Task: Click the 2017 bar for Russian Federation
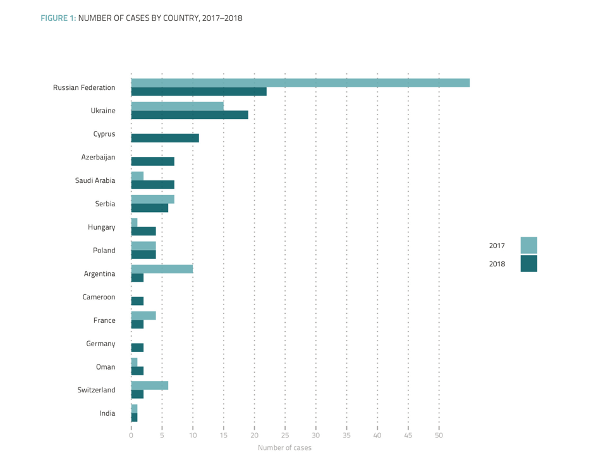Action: pos(300,83)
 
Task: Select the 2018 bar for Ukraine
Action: pos(190,115)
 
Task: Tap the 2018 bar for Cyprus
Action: pos(165,138)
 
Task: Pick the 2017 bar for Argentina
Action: pos(162,269)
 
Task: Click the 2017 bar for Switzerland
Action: pos(149,385)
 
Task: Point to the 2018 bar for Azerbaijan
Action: pos(152,161)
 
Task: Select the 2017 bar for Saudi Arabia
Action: pos(137,176)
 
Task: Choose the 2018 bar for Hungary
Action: pos(143,231)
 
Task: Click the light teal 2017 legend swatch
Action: pos(528,246)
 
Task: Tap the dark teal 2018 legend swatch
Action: pos(528,263)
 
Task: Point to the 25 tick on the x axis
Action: pos(285,435)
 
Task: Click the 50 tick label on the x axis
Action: pos(439,435)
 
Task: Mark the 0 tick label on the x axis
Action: pos(131,435)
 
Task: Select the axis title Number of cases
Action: pos(284,448)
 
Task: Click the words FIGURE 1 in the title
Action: pos(58,18)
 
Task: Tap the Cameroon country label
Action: pos(99,297)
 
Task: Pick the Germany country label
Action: pos(100,344)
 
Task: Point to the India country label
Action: pos(107,413)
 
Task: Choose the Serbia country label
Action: pos(105,204)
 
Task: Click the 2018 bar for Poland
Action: pos(143,254)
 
